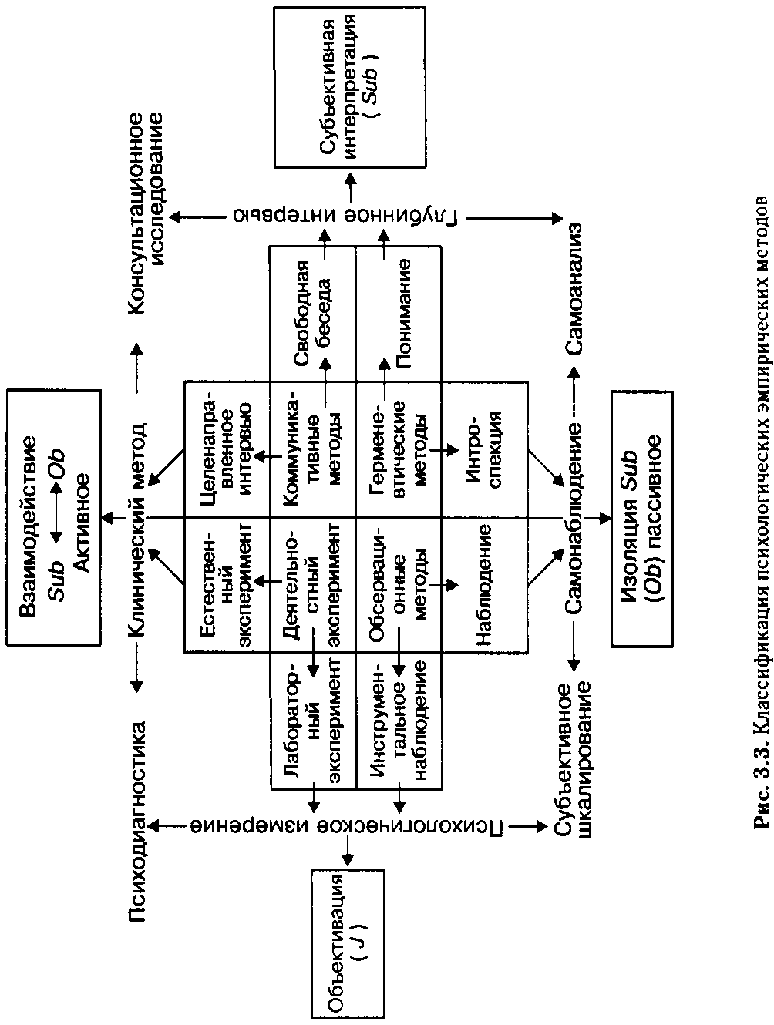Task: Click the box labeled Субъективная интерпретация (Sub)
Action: click(x=350, y=87)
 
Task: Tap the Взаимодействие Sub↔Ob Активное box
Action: click(x=54, y=517)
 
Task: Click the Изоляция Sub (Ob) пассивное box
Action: click(x=642, y=519)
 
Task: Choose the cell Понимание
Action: click(x=399, y=314)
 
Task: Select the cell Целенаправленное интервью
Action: click(x=227, y=449)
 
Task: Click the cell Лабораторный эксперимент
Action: click(x=313, y=721)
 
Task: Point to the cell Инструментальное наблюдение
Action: click(x=399, y=721)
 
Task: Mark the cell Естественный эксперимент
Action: click(x=227, y=584)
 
